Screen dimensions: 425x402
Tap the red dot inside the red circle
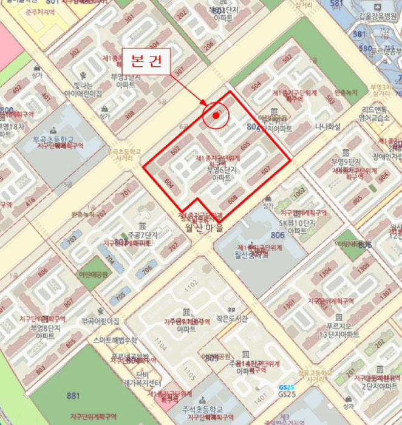216,115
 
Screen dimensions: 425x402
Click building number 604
169,183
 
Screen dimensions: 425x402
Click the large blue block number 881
73,396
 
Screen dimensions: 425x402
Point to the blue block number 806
278,235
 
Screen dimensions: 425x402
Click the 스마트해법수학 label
117,341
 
